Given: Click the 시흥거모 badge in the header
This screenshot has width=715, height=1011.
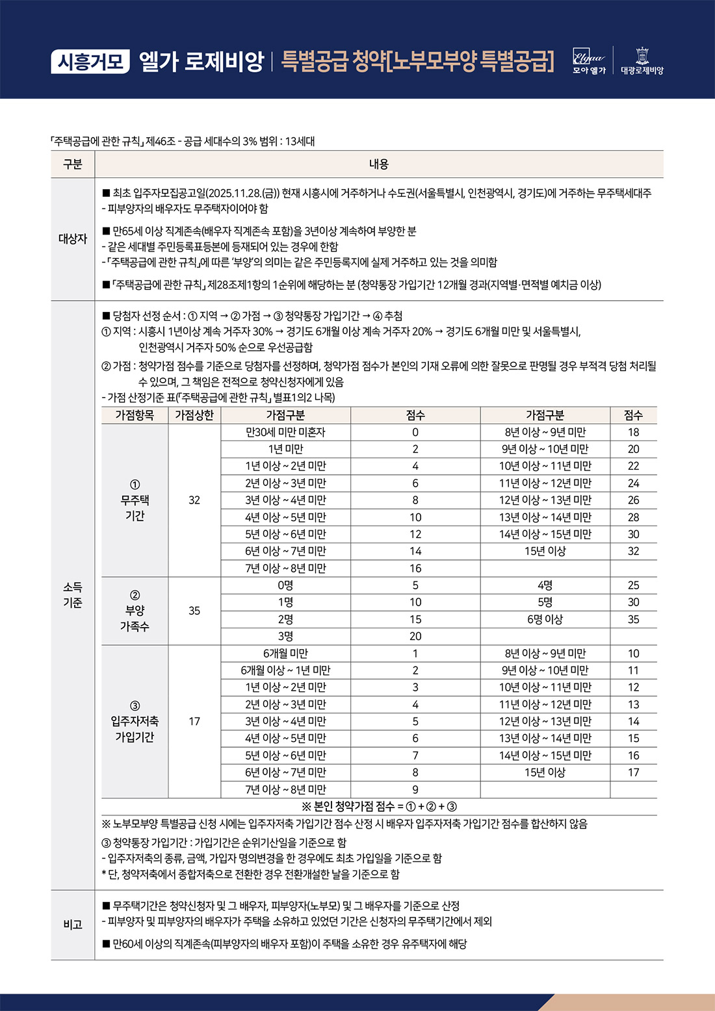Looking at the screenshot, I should click(x=90, y=62).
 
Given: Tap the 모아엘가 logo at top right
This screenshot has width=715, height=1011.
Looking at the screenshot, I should click(x=589, y=61).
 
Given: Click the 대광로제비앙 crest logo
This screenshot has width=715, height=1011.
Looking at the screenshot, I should click(x=642, y=61).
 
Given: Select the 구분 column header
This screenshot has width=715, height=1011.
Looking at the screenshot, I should click(x=73, y=164).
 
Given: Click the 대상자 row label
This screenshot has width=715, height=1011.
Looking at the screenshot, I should click(x=73, y=238).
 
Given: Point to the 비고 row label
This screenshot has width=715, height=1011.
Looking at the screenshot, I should click(x=73, y=925).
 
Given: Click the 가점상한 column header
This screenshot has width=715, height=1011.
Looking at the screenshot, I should click(x=194, y=415).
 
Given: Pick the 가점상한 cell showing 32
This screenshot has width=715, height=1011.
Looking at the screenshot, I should click(x=194, y=500).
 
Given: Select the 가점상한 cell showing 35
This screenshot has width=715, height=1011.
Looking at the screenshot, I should click(x=194, y=611).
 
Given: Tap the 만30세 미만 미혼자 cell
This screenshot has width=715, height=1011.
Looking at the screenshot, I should click(x=285, y=432).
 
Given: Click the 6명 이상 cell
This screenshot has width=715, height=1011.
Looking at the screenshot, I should click(x=545, y=619).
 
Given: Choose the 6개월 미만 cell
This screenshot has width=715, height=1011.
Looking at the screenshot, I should click(x=285, y=653).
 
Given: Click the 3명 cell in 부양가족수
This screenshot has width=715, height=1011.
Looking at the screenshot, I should click(x=285, y=636).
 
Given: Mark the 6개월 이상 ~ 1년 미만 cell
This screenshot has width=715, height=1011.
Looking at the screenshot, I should click(x=285, y=671).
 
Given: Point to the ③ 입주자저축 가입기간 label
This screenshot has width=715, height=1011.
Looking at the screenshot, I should click(x=135, y=721).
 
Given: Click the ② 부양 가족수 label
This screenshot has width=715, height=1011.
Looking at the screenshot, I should click(x=135, y=611).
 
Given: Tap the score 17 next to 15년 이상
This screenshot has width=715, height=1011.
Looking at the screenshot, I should click(x=633, y=773).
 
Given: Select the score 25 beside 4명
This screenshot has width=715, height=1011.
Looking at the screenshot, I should click(x=633, y=585).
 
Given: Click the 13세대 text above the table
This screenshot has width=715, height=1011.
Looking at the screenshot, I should click(x=300, y=141).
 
